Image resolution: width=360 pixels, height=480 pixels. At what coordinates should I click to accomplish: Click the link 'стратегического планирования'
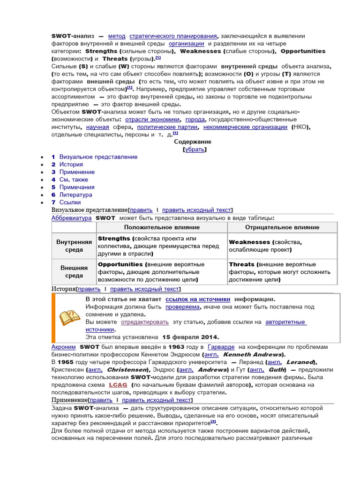[x=173, y=36]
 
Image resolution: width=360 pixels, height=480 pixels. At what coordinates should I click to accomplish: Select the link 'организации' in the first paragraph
[x=186, y=44]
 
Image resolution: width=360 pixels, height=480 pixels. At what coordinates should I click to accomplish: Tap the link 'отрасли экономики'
[x=152, y=120]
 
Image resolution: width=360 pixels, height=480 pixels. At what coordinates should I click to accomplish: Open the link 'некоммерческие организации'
[x=246, y=127]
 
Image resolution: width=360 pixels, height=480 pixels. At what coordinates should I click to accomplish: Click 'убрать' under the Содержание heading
[x=194, y=150]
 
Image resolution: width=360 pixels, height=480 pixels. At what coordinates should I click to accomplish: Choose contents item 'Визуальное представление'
[x=98, y=157]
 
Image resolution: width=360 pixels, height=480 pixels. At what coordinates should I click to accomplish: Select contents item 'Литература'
[x=75, y=195]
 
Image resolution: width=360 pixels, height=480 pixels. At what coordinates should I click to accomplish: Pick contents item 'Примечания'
[x=77, y=187]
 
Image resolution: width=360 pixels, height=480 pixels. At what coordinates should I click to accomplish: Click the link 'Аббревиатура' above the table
[x=71, y=218]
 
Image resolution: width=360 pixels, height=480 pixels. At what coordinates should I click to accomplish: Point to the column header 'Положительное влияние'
[x=162, y=227]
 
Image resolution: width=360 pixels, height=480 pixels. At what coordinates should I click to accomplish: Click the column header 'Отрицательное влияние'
[x=282, y=227]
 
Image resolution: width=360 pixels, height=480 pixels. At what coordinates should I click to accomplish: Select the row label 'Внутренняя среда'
[x=74, y=246]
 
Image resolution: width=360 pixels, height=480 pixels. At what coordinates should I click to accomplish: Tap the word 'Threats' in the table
[x=241, y=264]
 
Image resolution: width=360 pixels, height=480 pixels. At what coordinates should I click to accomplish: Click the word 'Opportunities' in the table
[x=120, y=264]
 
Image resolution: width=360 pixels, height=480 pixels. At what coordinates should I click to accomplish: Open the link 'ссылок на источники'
[x=198, y=299]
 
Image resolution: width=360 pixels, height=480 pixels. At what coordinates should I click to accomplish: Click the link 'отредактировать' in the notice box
[x=144, y=322]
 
